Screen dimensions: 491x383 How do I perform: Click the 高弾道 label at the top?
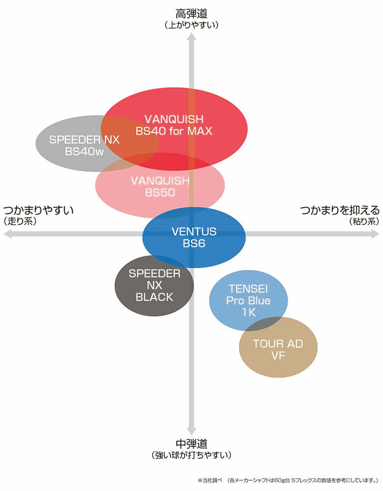191,13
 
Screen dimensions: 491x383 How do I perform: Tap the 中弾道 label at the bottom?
191,444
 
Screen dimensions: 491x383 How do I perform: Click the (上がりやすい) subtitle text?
191,24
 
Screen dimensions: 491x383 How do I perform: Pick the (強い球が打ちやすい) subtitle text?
191,456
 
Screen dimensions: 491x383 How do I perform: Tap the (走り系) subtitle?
20,221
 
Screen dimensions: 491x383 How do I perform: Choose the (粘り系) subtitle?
364,221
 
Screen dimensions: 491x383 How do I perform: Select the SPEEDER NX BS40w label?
84,145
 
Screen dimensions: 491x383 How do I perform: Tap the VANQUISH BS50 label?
160,187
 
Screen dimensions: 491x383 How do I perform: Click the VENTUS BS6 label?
194,237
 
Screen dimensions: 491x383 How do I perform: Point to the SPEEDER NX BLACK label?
154,285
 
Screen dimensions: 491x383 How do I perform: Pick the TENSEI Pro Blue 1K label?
248,300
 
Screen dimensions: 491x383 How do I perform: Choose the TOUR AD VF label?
278,350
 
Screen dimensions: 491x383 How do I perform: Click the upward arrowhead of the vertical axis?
192,39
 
